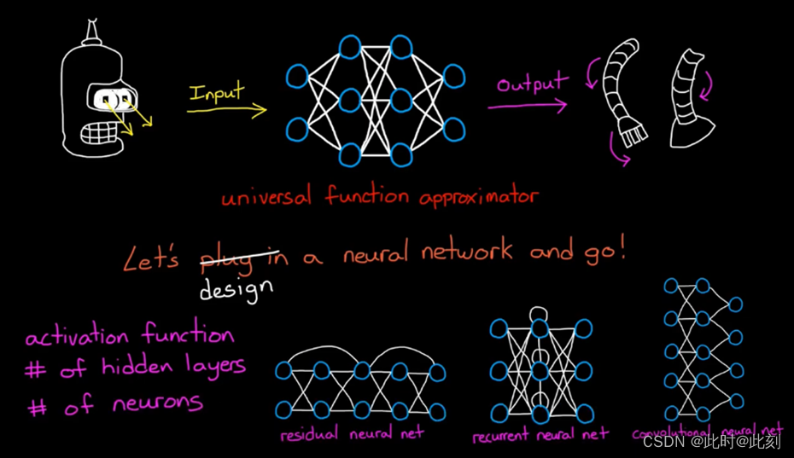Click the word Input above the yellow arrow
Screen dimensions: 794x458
[217, 92]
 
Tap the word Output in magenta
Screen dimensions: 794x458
[532, 84]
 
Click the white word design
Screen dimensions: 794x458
[236, 289]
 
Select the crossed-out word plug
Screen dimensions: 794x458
[228, 258]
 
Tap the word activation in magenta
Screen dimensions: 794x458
[78, 337]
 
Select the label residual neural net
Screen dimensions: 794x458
[351, 434]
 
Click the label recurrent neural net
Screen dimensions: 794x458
[540, 436]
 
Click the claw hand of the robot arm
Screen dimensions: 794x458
[633, 131]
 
